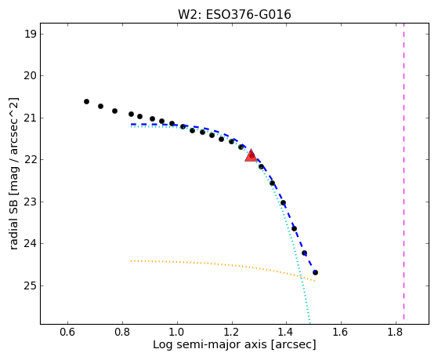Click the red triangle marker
pos(251,156)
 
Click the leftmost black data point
pos(87,101)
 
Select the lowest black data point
pos(315,272)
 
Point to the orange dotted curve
pos(223,264)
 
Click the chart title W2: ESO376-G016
pos(234,15)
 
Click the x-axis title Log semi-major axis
pos(210,344)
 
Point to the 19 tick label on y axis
pos(30,35)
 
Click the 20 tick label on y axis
pos(30,76)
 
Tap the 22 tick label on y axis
pos(30,160)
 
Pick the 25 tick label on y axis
pos(30,285)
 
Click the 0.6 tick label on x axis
pos(67,332)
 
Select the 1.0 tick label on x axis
pos(177,332)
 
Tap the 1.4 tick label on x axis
pos(286,332)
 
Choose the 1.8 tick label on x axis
pos(396,332)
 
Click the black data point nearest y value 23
pos(283,203)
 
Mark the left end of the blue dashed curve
pos(132,124)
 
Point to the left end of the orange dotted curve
pos(132,261)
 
